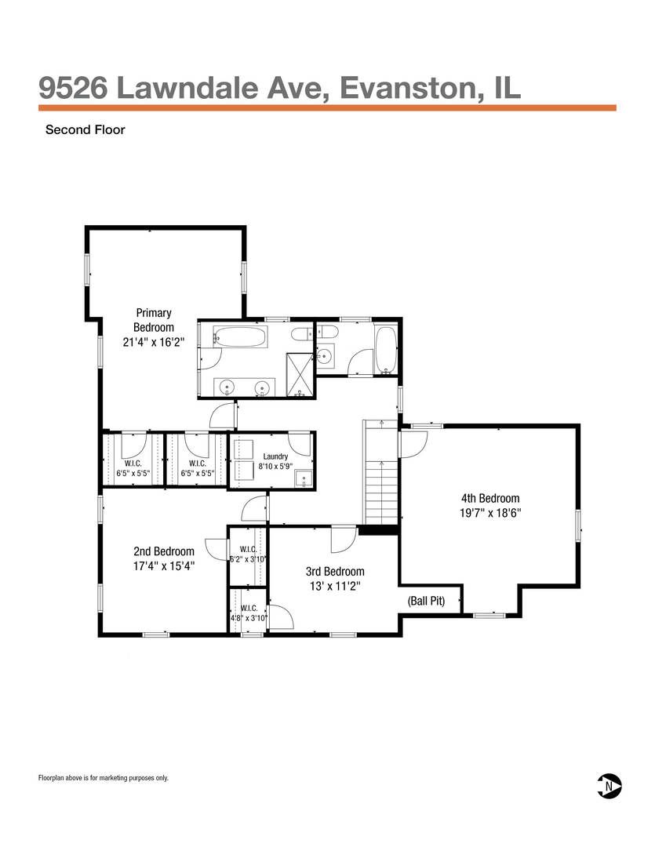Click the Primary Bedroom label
(154, 320)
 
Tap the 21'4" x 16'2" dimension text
(154, 341)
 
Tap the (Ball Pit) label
(427, 600)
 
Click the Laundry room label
(275, 456)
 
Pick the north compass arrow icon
(609, 786)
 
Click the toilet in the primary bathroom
(302, 334)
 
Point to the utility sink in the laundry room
(304, 478)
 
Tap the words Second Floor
(86, 129)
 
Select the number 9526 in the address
(73, 88)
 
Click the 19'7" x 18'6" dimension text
(490, 513)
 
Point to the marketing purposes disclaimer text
(104, 778)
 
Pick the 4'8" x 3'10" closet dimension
(249, 618)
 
